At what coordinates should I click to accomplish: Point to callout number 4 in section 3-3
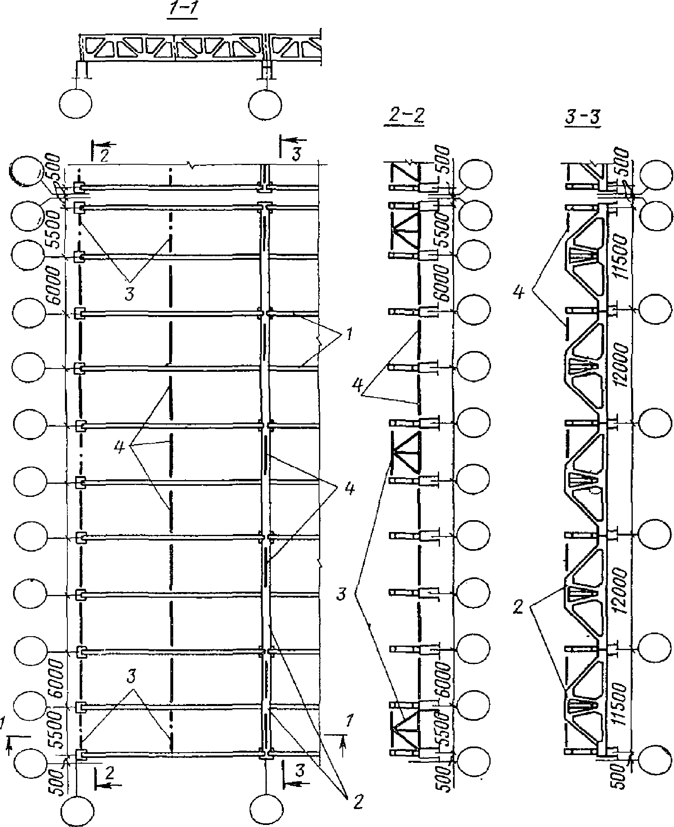519,293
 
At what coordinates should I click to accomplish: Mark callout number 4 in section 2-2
357,386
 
